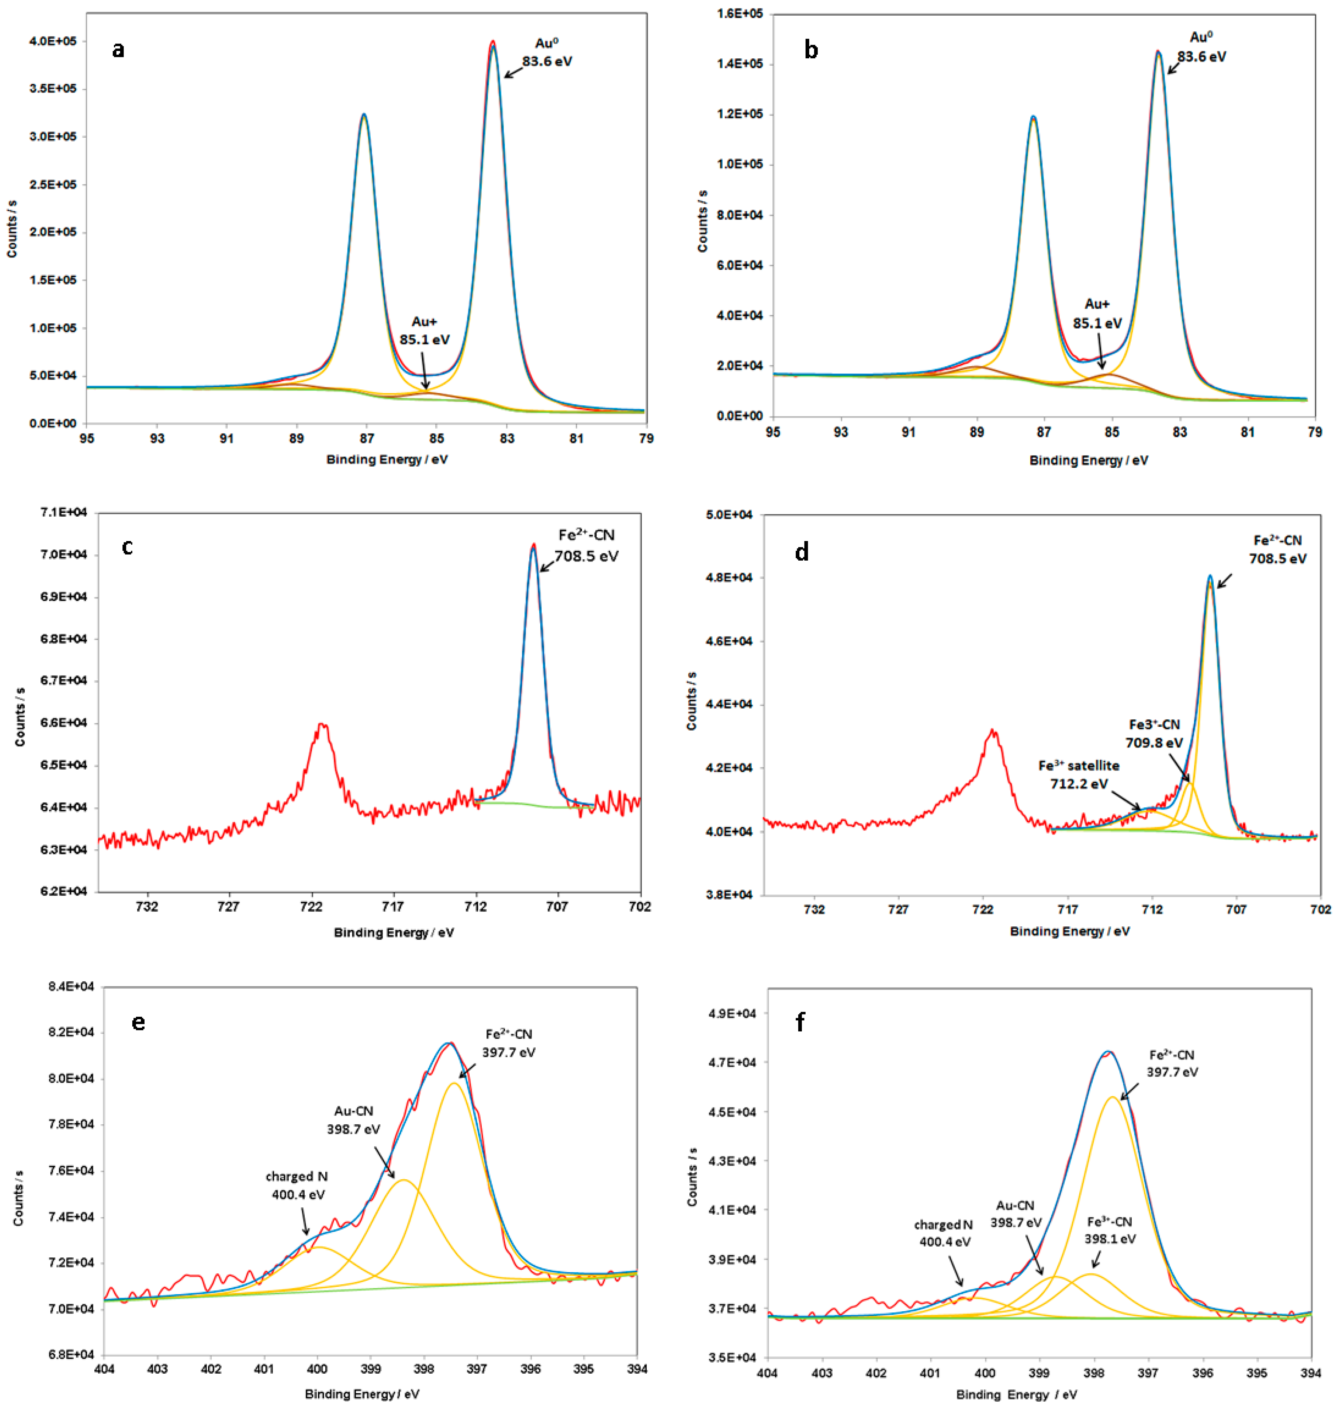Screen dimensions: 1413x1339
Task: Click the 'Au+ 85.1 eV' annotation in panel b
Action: click(1097, 314)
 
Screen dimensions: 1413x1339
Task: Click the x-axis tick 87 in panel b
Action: click(1044, 432)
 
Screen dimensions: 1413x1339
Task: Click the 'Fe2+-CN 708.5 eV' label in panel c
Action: click(586, 545)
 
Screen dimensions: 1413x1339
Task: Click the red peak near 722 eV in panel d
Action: click(992, 731)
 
